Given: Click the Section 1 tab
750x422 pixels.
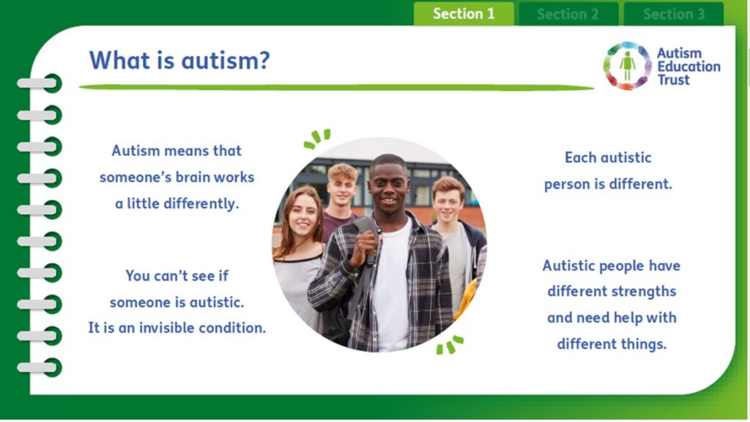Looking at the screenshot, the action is coord(464,13).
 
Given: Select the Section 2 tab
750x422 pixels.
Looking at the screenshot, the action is coord(568,14).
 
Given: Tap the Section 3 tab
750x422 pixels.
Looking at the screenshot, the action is coord(674,14).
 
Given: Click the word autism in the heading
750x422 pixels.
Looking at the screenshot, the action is coord(226,61).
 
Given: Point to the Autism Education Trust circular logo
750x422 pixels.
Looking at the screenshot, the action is coord(627,65).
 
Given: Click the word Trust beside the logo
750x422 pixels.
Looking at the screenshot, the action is coord(674,80).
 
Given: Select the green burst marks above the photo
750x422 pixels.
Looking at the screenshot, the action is coord(317,138).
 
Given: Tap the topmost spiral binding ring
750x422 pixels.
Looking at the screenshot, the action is coord(40,84).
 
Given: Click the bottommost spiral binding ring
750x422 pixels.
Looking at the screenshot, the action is coord(40,368).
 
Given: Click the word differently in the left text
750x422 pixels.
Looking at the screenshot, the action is coord(201,204).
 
